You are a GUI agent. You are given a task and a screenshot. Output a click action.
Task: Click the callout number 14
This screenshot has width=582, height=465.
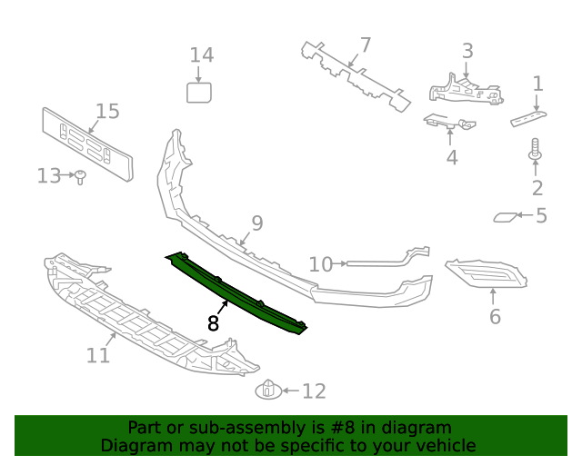(201, 55)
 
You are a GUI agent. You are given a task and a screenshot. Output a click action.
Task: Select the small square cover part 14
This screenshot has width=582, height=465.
(199, 92)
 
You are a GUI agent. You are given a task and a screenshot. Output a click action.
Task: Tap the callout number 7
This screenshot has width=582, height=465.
(365, 45)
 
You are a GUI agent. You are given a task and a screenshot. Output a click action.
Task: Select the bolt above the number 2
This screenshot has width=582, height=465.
(536, 150)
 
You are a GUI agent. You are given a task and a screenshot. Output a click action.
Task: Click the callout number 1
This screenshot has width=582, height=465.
(537, 84)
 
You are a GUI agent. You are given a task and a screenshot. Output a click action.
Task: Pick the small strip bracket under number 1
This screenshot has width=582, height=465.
(528, 118)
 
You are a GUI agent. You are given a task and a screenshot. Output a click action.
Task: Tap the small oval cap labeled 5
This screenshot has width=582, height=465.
(503, 217)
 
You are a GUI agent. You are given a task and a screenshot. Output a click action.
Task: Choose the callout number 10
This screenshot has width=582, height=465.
(320, 264)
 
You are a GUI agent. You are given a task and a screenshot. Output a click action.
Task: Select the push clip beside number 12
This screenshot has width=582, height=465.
(267, 391)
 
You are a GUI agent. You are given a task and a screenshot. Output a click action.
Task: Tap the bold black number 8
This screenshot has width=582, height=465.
(214, 322)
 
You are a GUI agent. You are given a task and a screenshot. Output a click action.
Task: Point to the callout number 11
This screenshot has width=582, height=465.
(98, 354)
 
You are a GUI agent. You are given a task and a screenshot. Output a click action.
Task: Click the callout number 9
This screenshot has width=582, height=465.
(256, 223)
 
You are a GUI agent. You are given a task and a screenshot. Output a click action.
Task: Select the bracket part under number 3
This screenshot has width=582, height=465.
(464, 90)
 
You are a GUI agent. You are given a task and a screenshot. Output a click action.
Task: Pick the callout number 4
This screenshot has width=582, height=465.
(451, 158)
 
